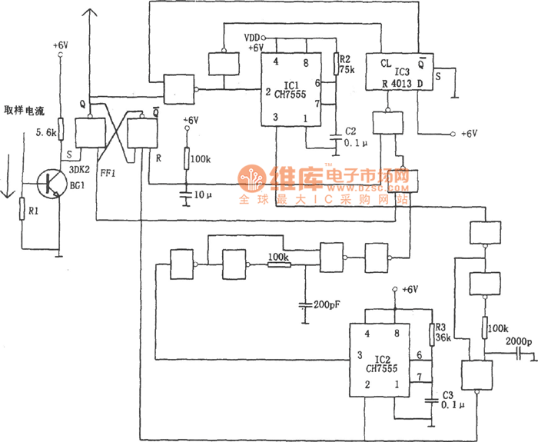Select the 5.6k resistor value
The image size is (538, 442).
(x=46, y=132)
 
